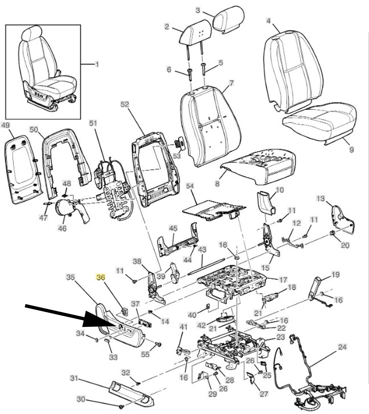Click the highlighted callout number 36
[x=101, y=277]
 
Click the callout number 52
[x=124, y=105]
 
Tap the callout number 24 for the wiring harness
[x=342, y=347]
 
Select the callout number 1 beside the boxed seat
[x=97, y=64]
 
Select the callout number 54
[x=190, y=186]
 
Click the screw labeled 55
[x=159, y=344]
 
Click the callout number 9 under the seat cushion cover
[x=351, y=149]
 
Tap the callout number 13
[x=321, y=199]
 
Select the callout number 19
[x=335, y=275]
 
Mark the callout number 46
[x=62, y=228]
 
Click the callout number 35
[x=70, y=277]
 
